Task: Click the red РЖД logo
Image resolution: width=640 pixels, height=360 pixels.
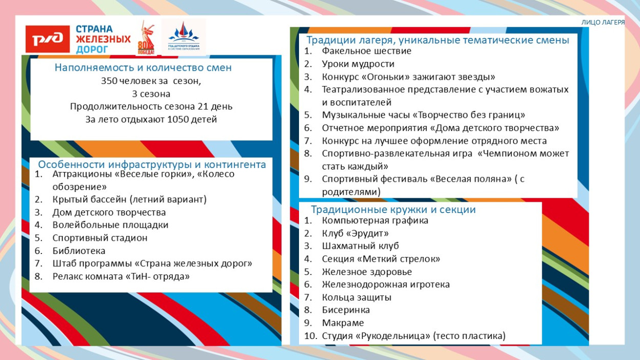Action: (48, 39)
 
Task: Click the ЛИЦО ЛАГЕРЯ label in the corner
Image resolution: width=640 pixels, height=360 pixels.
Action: (603, 23)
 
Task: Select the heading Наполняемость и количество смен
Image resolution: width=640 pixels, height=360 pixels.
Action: (143, 68)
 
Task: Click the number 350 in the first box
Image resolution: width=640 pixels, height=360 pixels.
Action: (109, 81)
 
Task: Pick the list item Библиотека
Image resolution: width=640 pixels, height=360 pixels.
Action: (79, 251)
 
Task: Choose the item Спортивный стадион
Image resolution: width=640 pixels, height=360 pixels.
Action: (100, 238)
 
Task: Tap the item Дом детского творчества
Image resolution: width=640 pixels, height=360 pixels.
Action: (109, 213)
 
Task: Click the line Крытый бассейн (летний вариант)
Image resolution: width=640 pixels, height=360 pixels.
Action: (130, 200)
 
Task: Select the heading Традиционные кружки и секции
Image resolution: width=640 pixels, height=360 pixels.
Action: (393, 209)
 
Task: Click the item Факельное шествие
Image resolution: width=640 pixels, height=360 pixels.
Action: (367, 51)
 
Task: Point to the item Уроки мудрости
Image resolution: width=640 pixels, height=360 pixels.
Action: (358, 64)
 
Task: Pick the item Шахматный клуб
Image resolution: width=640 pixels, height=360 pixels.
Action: (360, 246)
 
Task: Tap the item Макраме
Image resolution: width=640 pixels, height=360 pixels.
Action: (343, 323)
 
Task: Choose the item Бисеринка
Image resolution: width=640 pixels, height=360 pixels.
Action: (346, 310)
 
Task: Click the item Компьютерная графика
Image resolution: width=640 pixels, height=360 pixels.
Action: (375, 221)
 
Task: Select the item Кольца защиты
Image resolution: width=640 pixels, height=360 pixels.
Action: (357, 298)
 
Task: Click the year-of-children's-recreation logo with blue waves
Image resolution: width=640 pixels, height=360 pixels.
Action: (184, 37)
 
